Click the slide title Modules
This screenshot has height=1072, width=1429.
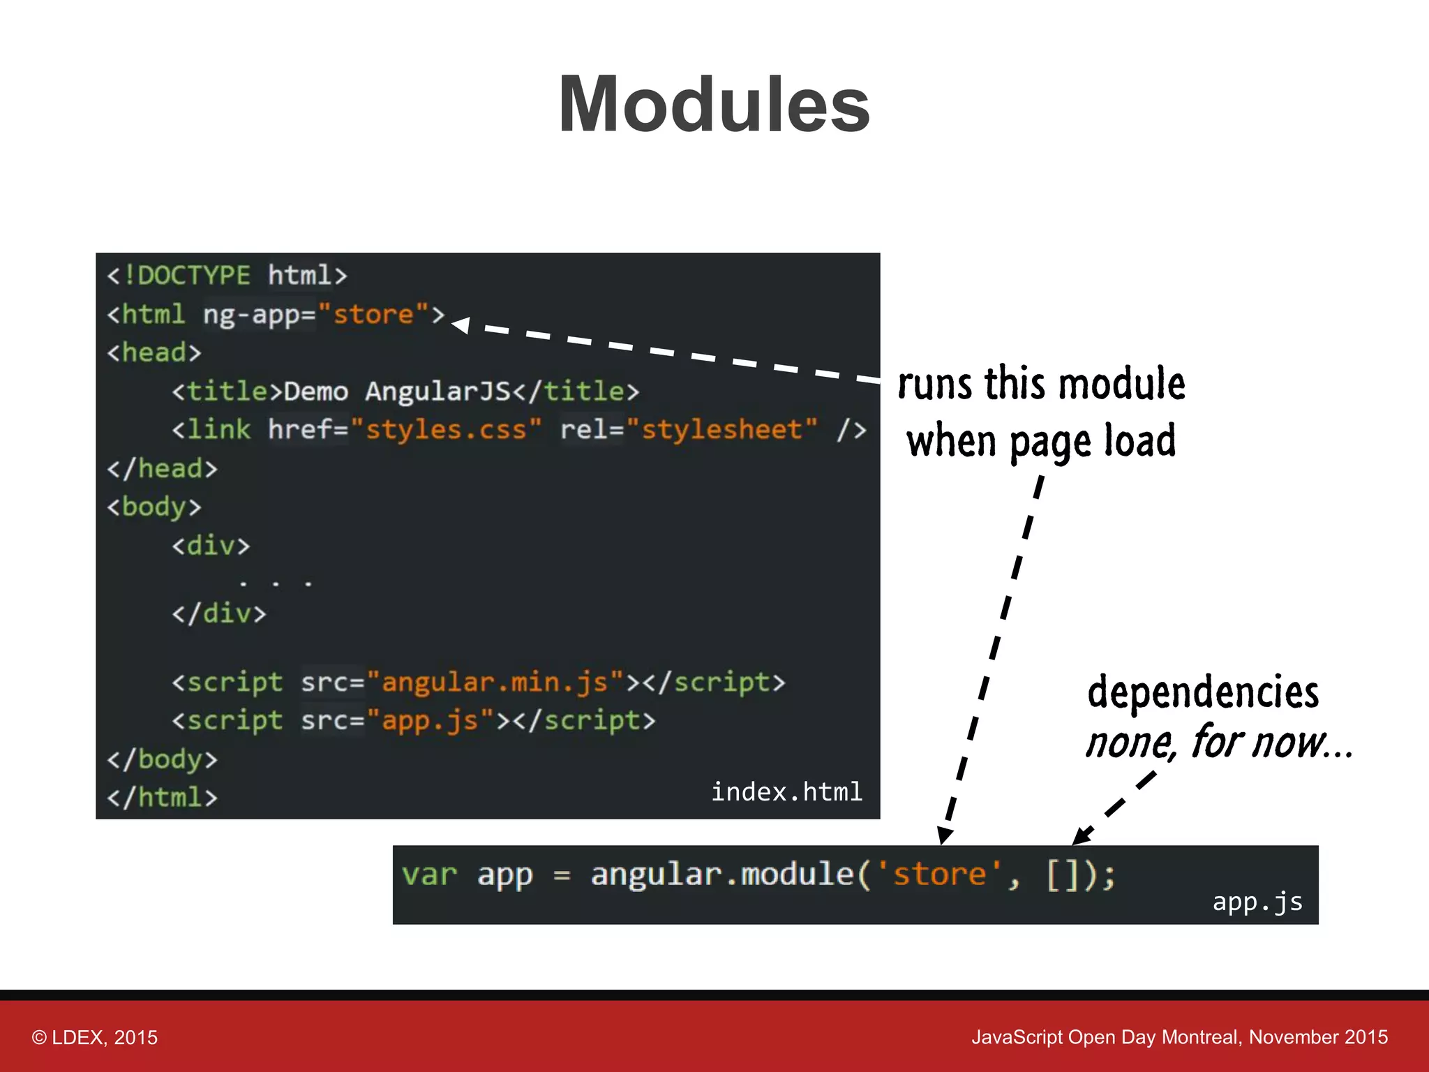pos(714,105)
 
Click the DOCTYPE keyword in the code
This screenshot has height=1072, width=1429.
pos(193,276)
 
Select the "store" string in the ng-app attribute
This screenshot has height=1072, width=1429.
pos(373,315)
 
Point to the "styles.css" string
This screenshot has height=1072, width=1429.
pos(446,430)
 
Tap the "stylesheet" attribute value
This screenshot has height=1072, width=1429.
pos(721,430)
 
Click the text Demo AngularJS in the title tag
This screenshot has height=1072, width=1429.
pos(397,392)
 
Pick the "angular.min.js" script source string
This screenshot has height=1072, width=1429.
pos(495,682)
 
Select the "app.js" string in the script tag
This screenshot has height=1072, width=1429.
pos(430,720)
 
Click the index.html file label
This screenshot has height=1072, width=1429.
pos(786,792)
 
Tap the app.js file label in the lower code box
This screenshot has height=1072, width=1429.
pos(1257,902)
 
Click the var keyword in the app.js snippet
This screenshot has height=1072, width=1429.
pos(429,874)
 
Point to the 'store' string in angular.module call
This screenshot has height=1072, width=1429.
pos(939,874)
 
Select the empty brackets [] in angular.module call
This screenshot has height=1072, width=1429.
pos(1063,874)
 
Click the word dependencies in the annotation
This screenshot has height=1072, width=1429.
pos(1203,692)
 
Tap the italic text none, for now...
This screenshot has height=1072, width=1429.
pos(1218,742)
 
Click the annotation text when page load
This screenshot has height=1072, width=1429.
pos(1041,441)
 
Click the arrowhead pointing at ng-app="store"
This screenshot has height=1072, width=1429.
pos(461,325)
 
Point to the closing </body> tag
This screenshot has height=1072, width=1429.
pos(162,759)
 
